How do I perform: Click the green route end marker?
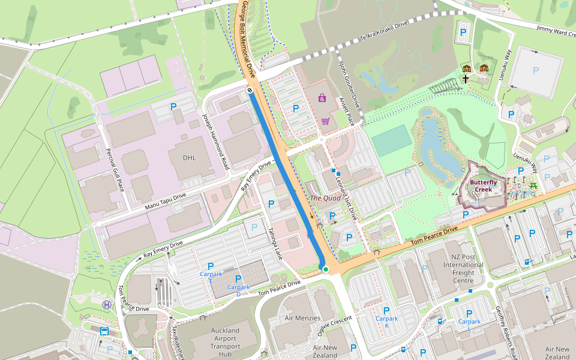point(325,269)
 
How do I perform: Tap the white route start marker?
point(249,90)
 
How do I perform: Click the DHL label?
point(194,158)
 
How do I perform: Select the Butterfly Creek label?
point(483,185)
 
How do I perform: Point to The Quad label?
point(325,197)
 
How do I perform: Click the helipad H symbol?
point(107,305)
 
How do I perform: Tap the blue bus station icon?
point(104,331)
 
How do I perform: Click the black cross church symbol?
point(466,79)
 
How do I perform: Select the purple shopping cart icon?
point(325,121)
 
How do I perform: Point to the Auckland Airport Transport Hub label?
point(225,342)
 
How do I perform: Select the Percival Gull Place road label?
point(115,169)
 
